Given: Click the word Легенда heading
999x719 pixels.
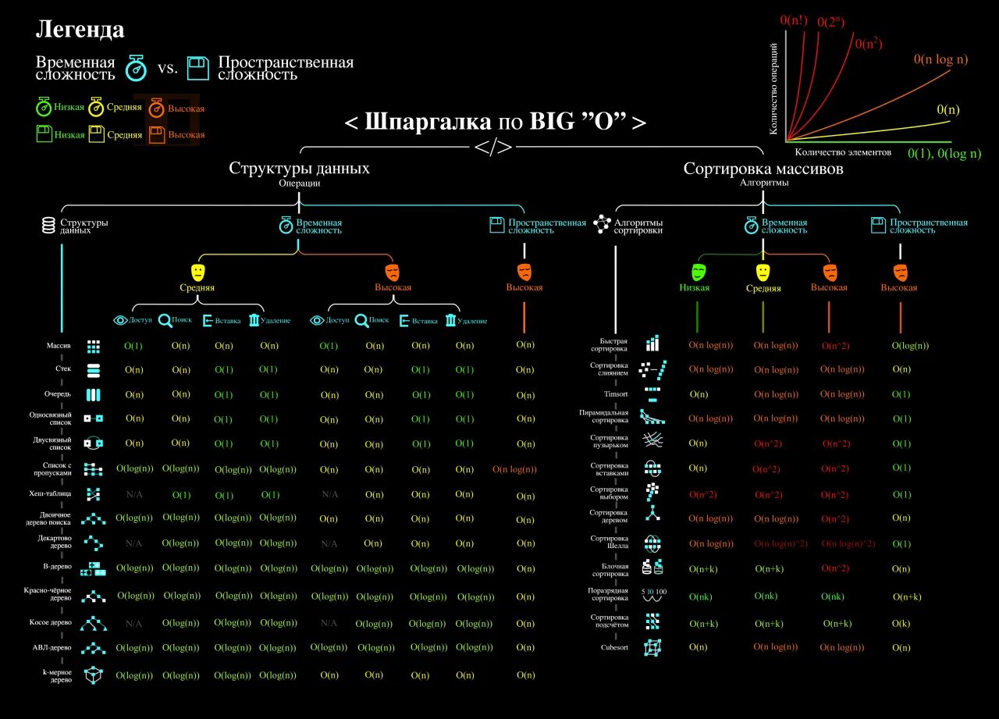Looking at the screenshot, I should [80, 30].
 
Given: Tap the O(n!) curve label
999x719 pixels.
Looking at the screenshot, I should [794, 20].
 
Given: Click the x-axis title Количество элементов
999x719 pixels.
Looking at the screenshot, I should [842, 152].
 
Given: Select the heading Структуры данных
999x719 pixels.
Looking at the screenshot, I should [299, 169].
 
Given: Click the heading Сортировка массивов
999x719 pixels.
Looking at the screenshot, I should [763, 169].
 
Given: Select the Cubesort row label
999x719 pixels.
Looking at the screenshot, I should [614, 647].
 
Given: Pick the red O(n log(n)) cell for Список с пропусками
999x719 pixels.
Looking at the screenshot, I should [514, 469].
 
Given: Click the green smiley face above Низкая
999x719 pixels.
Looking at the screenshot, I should [698, 272].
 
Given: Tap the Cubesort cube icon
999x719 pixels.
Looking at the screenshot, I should [652, 647].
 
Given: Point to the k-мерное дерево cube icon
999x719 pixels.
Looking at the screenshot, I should [94, 675].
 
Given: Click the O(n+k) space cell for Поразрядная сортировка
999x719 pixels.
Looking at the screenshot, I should [907, 597].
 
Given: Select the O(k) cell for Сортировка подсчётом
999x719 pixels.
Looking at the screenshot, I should [901, 623].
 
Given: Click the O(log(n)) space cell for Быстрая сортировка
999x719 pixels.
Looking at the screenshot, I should [910, 345].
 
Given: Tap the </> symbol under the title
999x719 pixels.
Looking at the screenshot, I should [493, 148].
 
